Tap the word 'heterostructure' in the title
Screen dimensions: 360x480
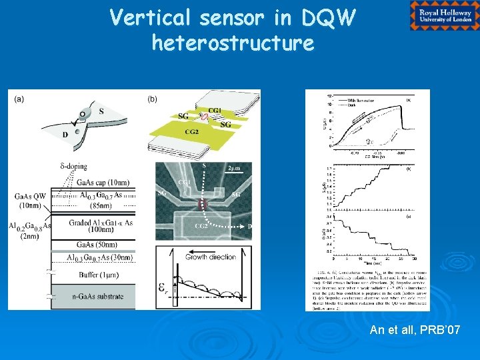pyautogui.click(x=233, y=43)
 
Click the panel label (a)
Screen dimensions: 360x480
pyautogui.click(x=20, y=99)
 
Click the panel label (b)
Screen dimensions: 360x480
pyautogui.click(x=153, y=99)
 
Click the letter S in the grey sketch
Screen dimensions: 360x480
pyautogui.click(x=101, y=111)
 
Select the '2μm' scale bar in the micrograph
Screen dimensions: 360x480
pyautogui.click(x=234, y=168)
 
